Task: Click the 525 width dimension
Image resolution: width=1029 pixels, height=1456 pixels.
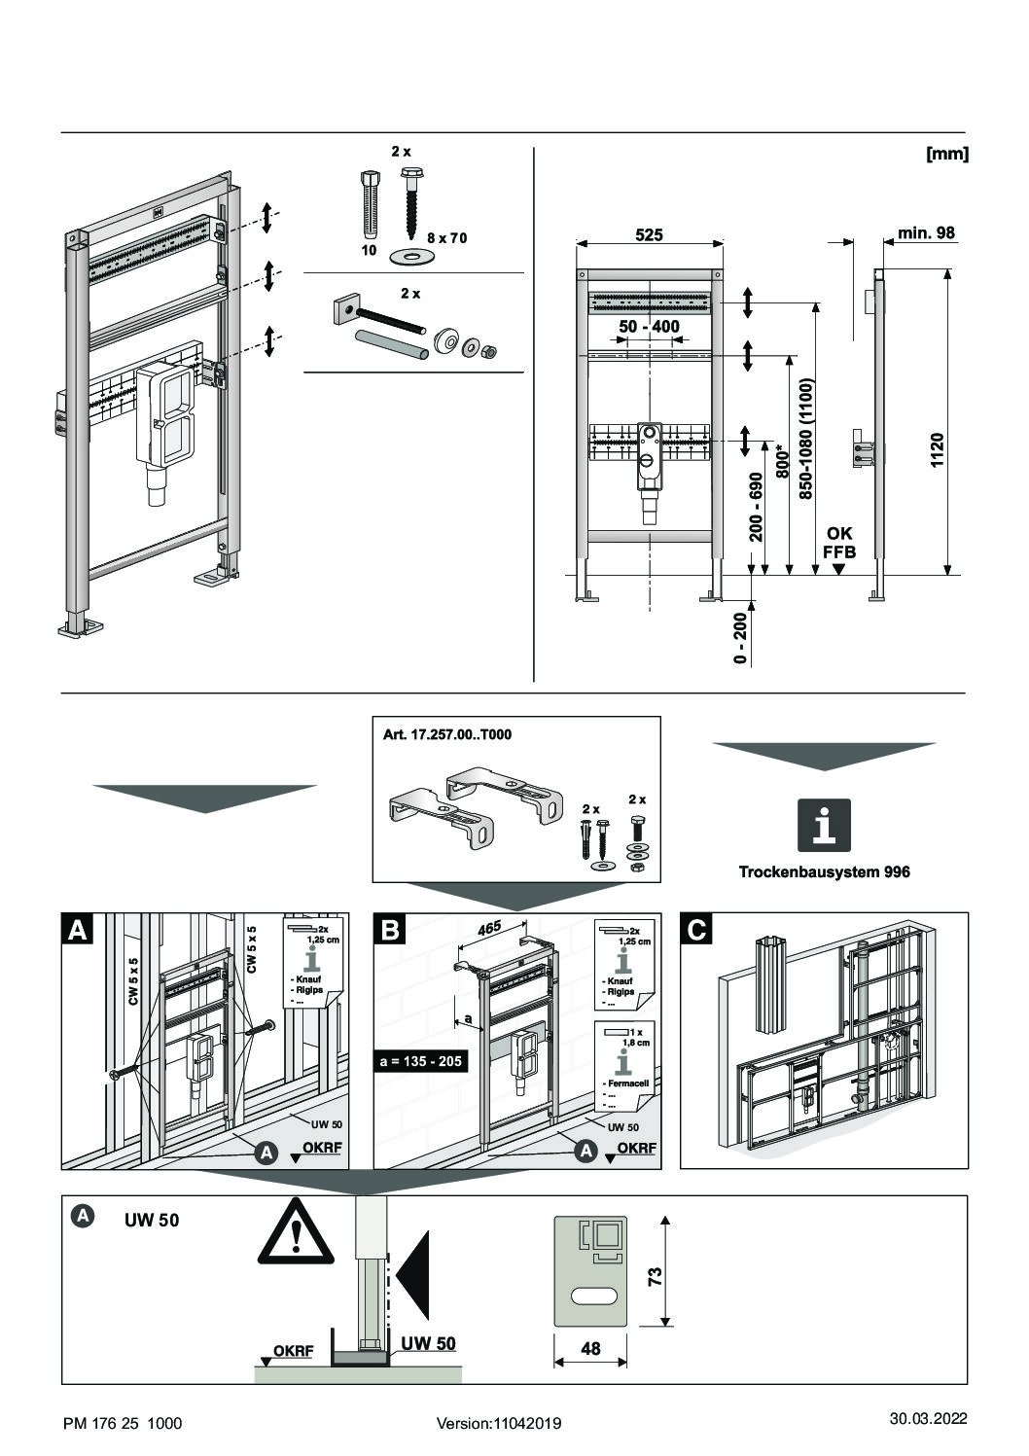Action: coord(649,234)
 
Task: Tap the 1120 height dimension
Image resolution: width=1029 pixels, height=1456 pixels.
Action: coord(938,449)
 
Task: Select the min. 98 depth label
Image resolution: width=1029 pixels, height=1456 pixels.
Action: coord(926,233)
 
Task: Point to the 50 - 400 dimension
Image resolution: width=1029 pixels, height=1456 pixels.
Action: coord(649,327)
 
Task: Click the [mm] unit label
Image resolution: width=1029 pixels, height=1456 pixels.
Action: coord(947,154)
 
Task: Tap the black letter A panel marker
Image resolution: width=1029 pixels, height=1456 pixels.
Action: coord(77,929)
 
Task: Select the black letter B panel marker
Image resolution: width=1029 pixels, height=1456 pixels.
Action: coord(390,929)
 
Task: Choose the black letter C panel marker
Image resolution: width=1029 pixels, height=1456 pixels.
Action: coord(696,929)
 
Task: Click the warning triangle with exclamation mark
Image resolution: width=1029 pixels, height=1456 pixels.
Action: coord(295,1233)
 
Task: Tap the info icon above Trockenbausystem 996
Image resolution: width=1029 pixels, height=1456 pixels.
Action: coord(824,826)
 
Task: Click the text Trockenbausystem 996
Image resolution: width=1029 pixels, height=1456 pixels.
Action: coord(824,871)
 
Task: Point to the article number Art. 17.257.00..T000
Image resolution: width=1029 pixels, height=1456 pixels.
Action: coord(447,735)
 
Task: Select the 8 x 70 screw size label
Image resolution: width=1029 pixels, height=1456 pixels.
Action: coord(446,237)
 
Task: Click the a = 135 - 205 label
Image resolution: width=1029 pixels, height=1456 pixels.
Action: coord(420,1061)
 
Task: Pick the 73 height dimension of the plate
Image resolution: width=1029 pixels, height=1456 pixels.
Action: coord(655,1274)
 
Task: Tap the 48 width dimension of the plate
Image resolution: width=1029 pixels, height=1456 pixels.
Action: coord(589,1348)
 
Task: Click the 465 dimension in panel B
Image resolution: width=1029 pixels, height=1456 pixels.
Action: coord(489,928)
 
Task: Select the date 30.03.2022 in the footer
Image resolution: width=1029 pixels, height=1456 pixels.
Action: coord(928,1418)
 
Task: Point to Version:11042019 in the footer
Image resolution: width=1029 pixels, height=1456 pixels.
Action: coord(499,1423)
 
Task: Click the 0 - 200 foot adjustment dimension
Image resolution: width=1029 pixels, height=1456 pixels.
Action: coord(741,638)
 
